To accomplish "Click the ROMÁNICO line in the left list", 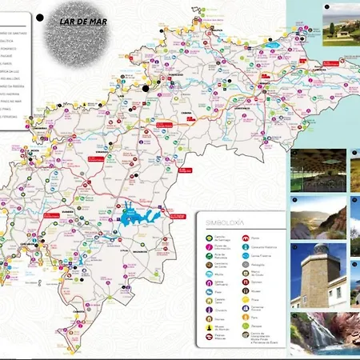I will [16, 50].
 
